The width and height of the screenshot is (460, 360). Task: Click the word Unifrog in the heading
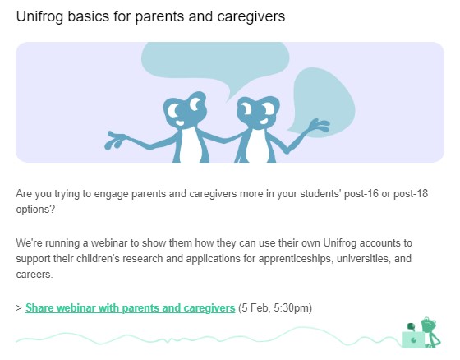click(x=39, y=16)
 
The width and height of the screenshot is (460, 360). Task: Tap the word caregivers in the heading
click(x=251, y=16)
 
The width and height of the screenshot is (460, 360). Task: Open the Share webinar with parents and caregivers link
click(x=131, y=307)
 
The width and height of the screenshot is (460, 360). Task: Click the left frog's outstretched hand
click(x=115, y=141)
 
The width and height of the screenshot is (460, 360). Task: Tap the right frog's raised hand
click(x=320, y=126)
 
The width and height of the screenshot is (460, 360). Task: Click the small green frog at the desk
click(x=430, y=332)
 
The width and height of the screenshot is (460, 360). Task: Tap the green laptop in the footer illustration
click(x=414, y=339)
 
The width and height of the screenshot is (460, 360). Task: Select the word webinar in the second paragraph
click(x=109, y=242)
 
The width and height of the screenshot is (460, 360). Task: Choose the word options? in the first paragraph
click(x=35, y=210)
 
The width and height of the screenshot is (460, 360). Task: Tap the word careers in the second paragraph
click(x=34, y=275)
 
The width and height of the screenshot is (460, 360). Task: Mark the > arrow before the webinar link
click(x=19, y=308)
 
